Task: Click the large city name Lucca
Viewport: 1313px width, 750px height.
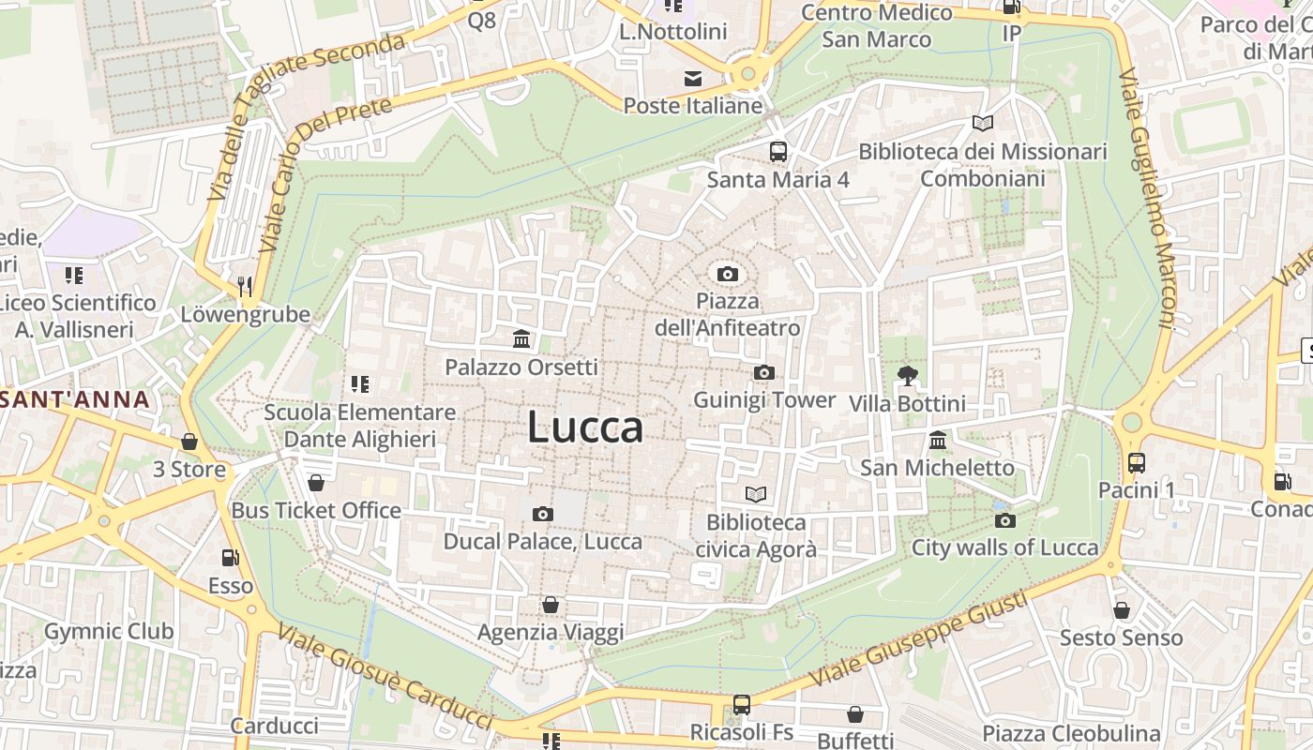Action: pyautogui.click(x=585, y=427)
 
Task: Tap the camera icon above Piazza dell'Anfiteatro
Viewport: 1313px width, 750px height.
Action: pyautogui.click(x=727, y=275)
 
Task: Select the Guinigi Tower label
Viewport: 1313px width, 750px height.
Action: pyautogui.click(x=763, y=400)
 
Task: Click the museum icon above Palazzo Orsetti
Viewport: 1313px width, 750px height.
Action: pyautogui.click(x=521, y=338)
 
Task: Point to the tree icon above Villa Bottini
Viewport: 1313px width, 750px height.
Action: pyautogui.click(x=907, y=376)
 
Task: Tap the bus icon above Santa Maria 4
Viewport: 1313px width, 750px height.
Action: pyautogui.click(x=777, y=152)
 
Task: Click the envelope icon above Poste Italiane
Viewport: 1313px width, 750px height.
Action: pyautogui.click(x=693, y=79)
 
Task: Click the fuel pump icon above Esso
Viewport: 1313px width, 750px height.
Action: pyautogui.click(x=230, y=558)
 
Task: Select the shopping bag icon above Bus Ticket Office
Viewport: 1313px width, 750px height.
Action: pyautogui.click(x=316, y=483)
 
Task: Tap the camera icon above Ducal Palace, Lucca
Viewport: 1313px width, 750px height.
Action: pyautogui.click(x=542, y=514)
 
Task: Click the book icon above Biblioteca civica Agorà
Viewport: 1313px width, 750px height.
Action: pyautogui.click(x=755, y=494)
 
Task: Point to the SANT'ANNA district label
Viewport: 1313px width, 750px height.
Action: pyautogui.click(x=75, y=399)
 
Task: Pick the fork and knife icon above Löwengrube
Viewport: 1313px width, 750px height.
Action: pyautogui.click(x=245, y=286)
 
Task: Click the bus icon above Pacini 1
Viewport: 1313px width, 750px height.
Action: pyautogui.click(x=1137, y=462)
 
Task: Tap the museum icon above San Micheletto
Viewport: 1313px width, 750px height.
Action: pyautogui.click(x=937, y=440)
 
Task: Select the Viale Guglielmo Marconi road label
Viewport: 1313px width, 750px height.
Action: pyautogui.click(x=1147, y=200)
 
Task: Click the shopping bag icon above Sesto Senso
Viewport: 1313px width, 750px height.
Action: pyautogui.click(x=1121, y=610)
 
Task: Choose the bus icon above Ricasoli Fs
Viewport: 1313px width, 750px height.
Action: pyautogui.click(x=741, y=704)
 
